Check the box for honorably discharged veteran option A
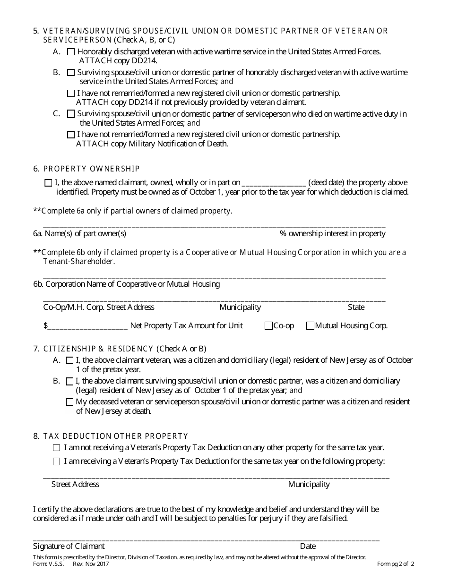(71, 52)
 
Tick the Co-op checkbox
(268, 325)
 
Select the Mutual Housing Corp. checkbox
(310, 325)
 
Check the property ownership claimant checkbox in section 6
(48, 183)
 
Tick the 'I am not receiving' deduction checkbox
(57, 448)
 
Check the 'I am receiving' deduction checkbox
(57, 461)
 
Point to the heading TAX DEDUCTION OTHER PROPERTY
(115, 436)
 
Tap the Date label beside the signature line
(308, 546)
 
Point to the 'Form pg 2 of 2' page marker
(396, 564)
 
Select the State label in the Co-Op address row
(356, 307)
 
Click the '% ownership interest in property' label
(332, 233)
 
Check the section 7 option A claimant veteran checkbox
(70, 360)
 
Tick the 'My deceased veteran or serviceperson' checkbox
(70, 402)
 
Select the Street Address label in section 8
(75, 484)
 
